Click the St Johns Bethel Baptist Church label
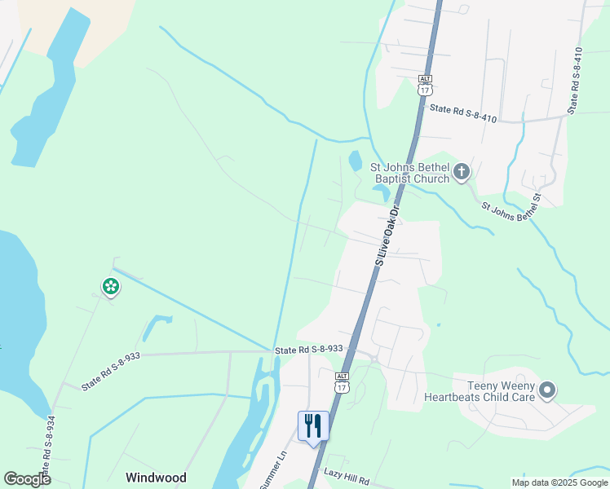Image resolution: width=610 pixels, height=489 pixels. point(410,172)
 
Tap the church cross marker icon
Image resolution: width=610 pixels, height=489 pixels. point(462,171)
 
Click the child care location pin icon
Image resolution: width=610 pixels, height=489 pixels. point(547,391)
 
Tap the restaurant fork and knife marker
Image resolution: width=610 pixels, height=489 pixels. point(313,425)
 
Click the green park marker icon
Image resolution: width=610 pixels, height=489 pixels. point(110,286)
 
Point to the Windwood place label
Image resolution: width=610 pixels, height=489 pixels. point(156,478)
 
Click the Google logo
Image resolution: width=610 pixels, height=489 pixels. point(27,479)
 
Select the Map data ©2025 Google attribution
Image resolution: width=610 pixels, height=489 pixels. point(560,482)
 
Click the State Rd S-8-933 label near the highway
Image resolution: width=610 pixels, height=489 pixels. point(308,349)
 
